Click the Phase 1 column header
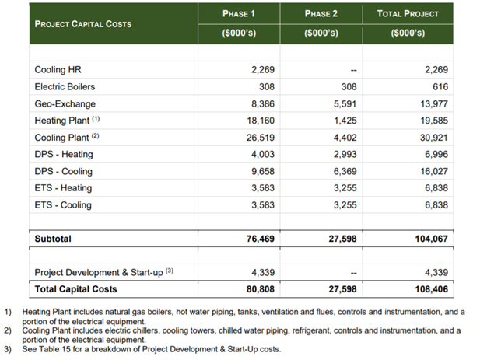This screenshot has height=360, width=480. click(239, 14)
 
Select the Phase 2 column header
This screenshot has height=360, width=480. click(321, 14)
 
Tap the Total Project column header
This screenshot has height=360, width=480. click(408, 14)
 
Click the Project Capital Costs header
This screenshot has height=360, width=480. click(83, 24)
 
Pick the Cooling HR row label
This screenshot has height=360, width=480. click(58, 70)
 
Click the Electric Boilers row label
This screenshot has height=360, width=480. click(65, 87)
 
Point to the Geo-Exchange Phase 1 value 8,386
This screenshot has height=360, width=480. click(263, 104)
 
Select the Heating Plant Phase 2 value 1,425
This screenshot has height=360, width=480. click(345, 121)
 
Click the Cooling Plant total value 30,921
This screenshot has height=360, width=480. click(434, 138)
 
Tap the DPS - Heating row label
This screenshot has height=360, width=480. click(64, 154)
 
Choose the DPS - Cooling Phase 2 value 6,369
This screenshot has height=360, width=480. click(345, 171)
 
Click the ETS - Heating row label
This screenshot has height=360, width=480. click(63, 188)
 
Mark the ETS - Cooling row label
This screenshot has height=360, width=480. click(63, 205)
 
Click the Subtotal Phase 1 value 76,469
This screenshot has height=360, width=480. click(261, 239)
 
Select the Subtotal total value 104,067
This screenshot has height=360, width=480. click(431, 239)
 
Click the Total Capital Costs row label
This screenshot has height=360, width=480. click(76, 289)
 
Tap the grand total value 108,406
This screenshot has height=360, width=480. click(431, 289)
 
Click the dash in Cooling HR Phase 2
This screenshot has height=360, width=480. click(353, 70)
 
